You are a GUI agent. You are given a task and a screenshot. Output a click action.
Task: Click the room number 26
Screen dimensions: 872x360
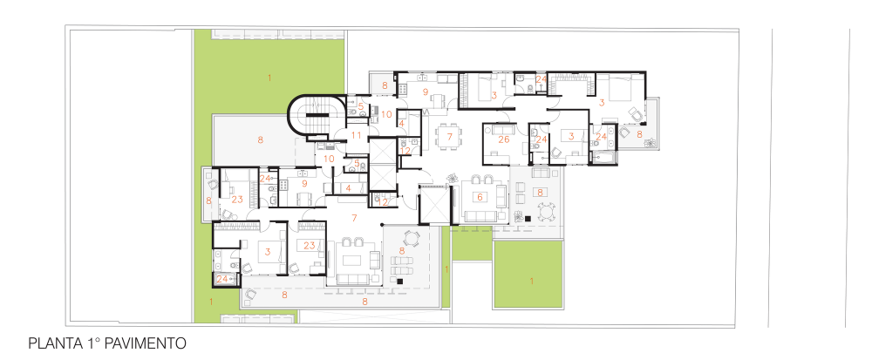pos(504,139)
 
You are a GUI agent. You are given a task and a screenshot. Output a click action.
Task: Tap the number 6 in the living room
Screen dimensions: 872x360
pos(480,196)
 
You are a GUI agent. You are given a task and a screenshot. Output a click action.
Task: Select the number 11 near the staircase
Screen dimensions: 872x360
pos(357,135)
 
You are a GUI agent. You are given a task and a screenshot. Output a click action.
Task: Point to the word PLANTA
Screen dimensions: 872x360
pos(54,343)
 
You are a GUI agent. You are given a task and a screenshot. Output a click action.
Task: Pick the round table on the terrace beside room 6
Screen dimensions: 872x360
pos(548,212)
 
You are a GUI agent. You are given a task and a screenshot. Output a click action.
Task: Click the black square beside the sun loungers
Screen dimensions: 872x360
pos(400,282)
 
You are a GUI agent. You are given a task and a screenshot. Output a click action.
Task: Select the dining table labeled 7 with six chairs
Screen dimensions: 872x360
pos(448,136)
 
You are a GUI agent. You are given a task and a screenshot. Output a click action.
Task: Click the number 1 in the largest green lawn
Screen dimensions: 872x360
pos(269,78)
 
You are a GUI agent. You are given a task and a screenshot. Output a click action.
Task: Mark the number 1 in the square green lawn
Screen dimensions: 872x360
pos(531,281)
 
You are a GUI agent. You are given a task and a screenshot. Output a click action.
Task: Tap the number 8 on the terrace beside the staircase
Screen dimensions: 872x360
pos(260,140)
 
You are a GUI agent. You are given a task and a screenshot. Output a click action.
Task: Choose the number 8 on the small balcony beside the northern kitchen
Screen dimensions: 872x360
pos(385,85)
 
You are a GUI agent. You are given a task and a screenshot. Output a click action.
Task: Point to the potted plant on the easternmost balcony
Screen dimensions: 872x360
pos(649,143)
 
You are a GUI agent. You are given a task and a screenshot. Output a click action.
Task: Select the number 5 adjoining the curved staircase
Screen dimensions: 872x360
pos(360,105)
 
